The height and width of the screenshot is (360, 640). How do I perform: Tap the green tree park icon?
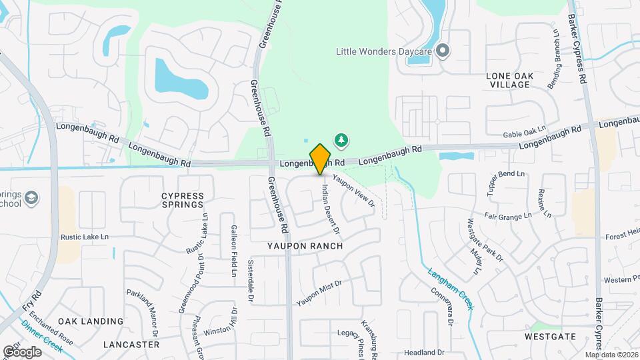pos(341,139)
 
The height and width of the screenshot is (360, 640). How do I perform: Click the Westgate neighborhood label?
pos(549,337)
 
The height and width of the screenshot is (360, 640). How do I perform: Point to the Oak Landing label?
pos(91,321)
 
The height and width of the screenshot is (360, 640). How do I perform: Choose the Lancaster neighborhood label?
pos(131,345)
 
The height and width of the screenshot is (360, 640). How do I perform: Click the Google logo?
pos(21,351)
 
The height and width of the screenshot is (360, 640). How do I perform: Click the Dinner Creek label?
pos(42,335)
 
